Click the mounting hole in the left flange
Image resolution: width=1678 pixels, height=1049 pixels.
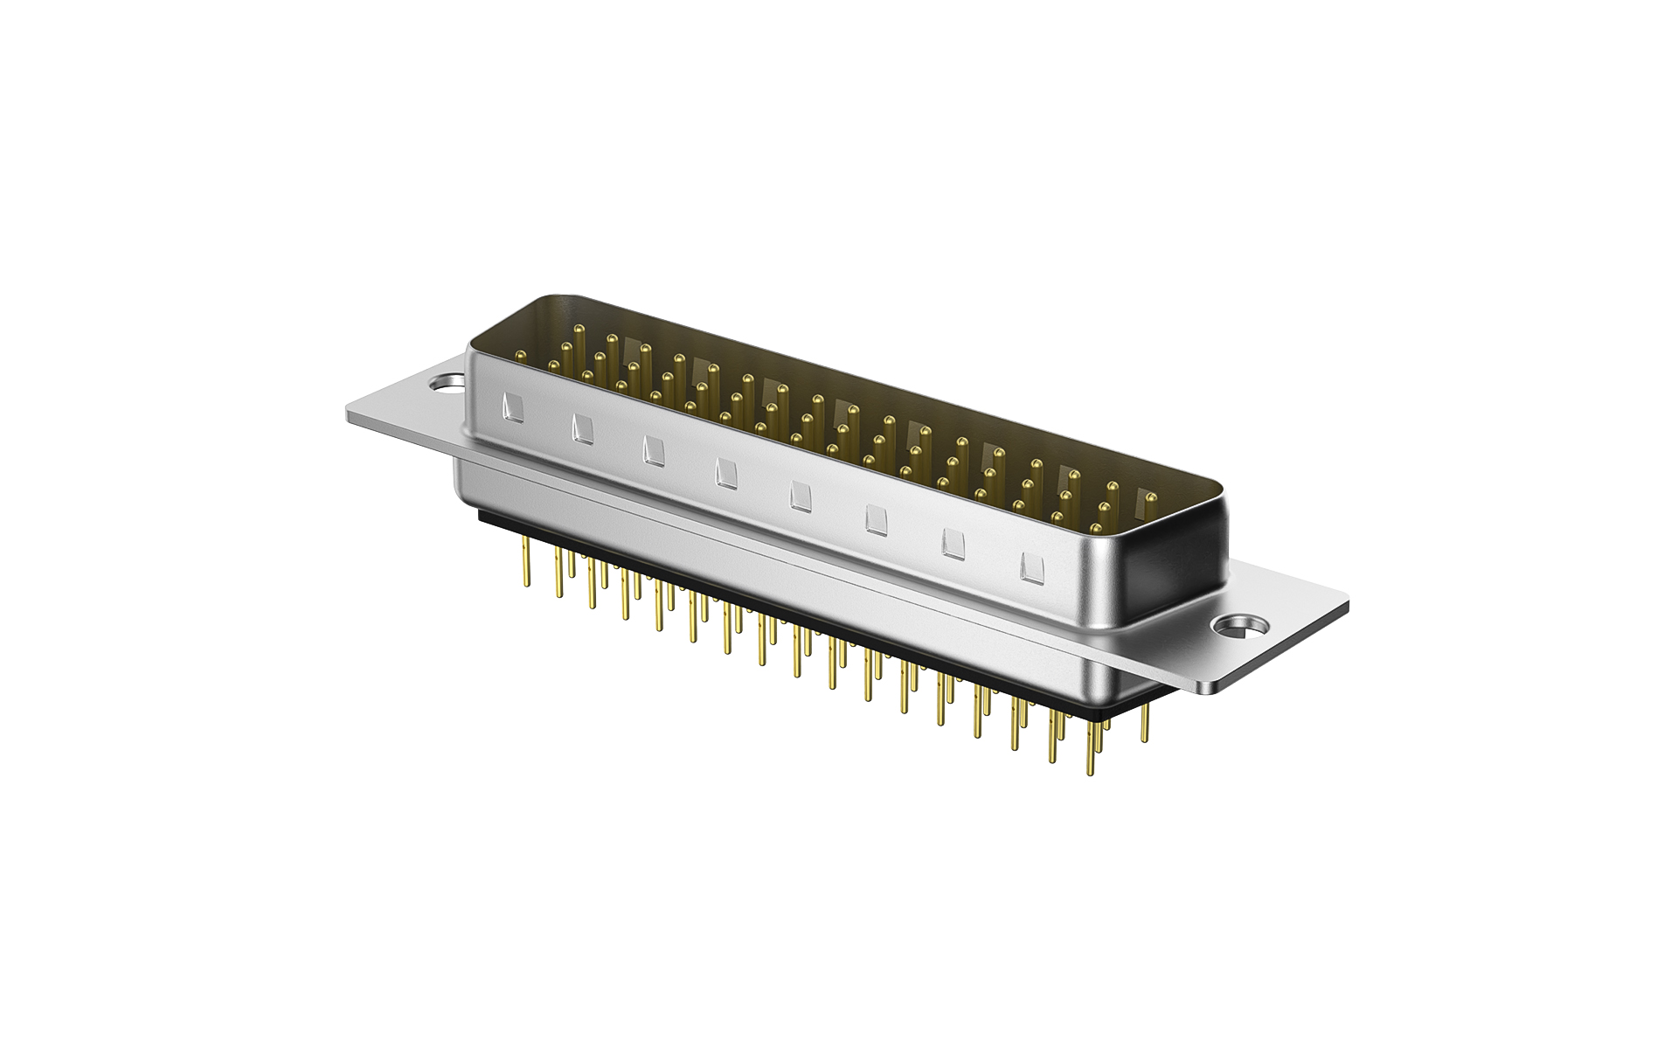447,382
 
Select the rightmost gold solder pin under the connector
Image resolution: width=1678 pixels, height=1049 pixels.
1145,739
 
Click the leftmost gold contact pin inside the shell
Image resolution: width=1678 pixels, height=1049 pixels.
521,356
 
